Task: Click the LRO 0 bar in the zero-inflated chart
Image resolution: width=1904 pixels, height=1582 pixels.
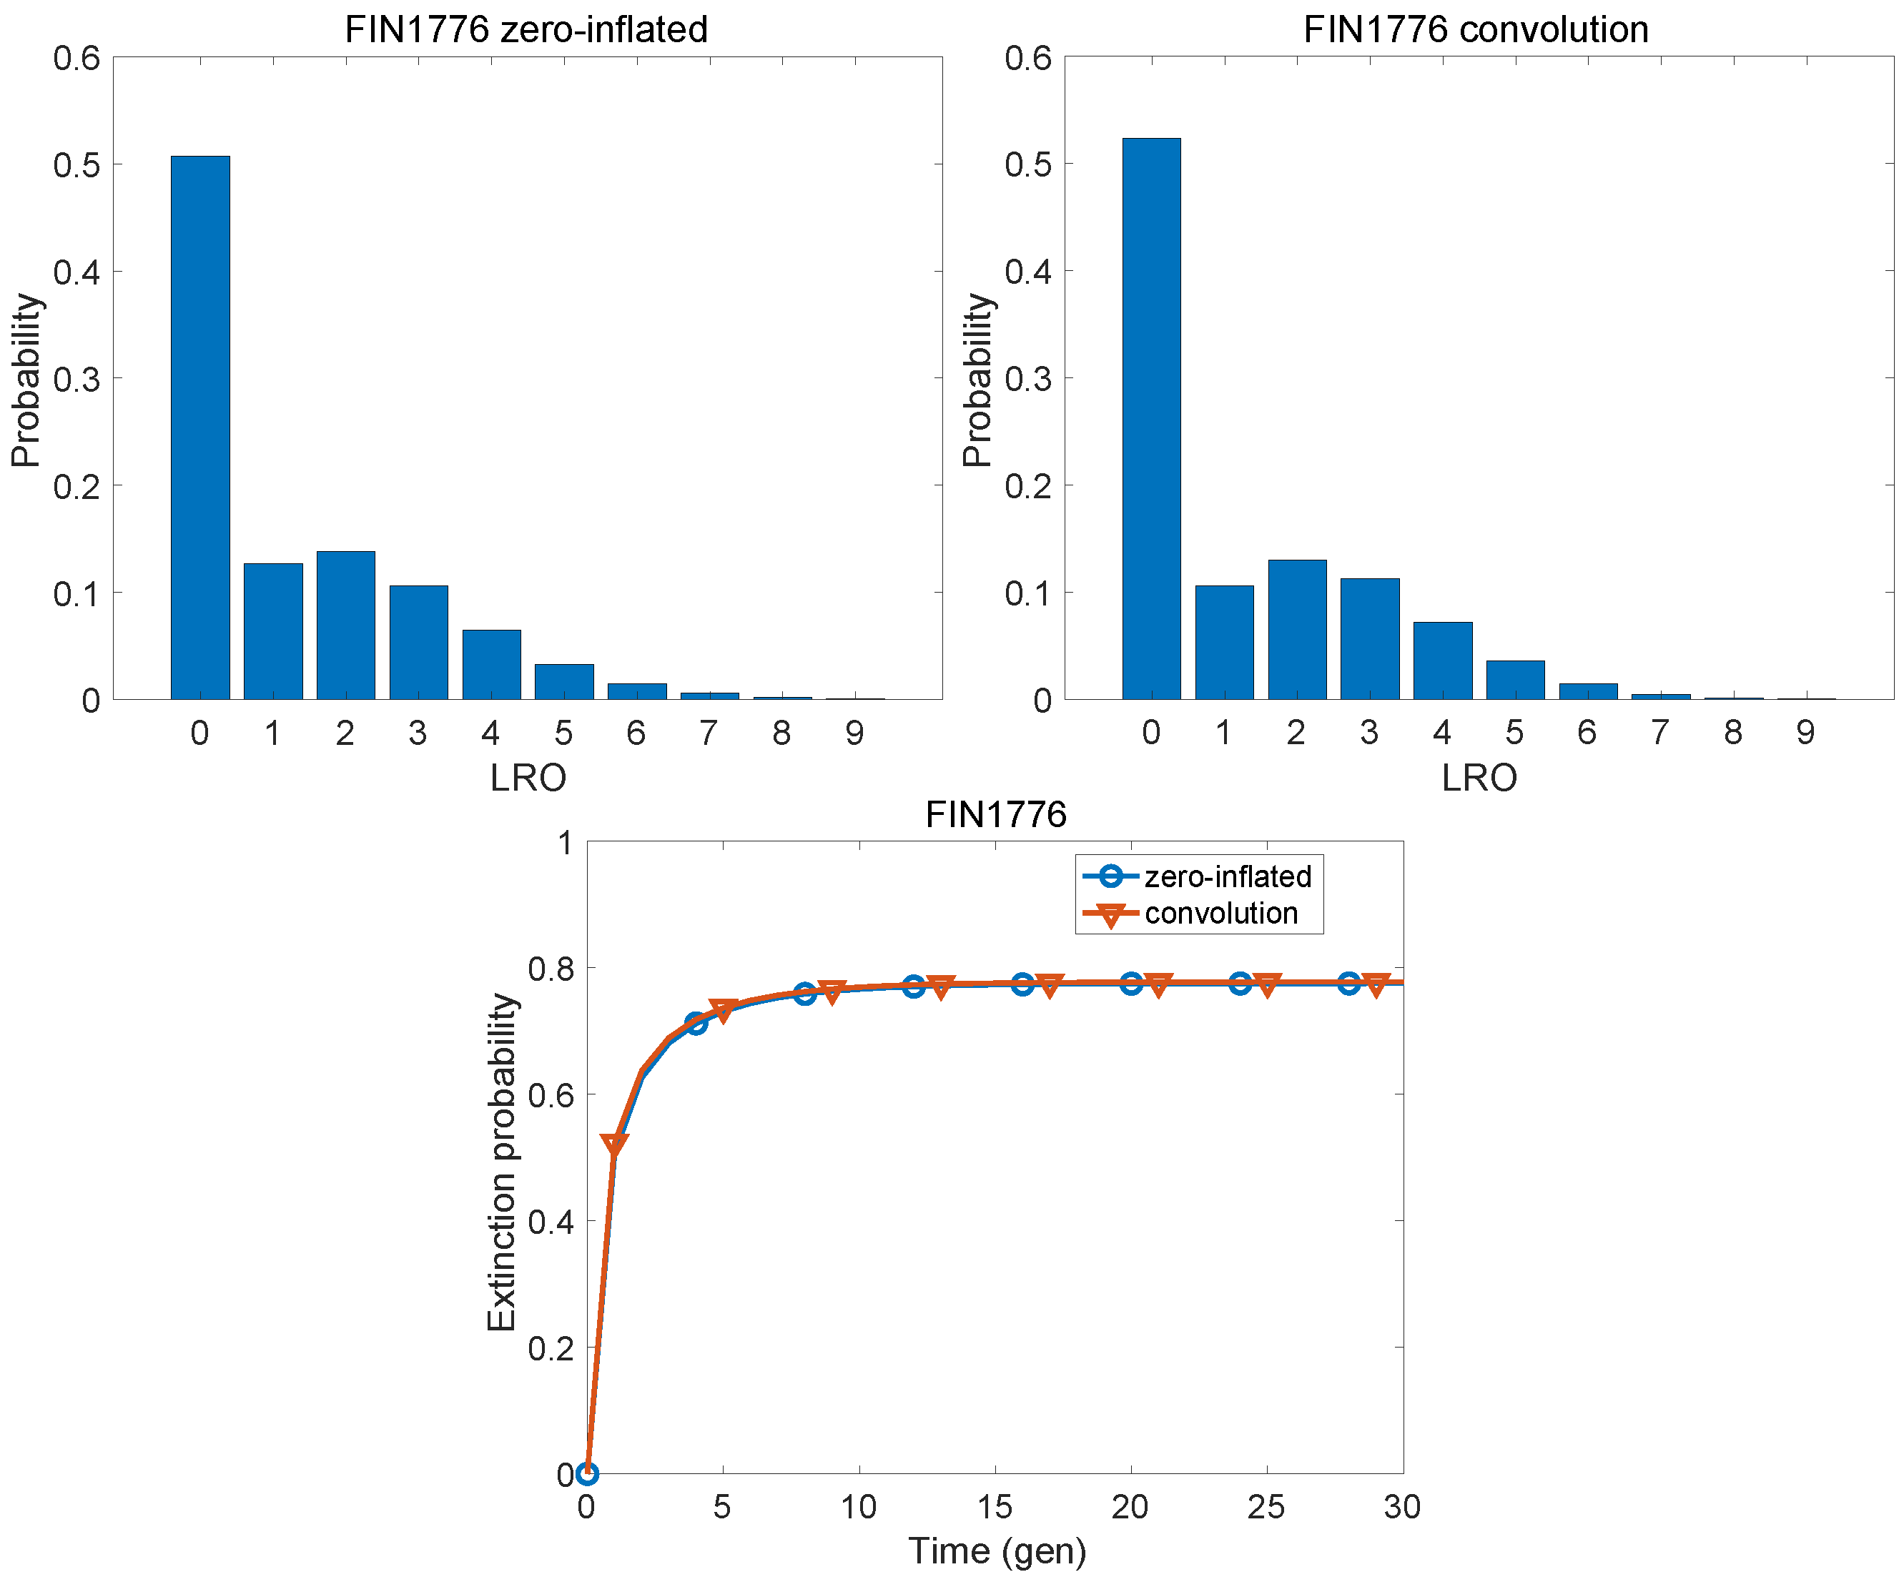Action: coord(199,427)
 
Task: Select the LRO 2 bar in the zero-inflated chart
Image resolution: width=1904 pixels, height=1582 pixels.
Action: coord(345,625)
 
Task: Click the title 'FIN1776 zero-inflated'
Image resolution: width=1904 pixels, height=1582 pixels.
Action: coord(526,29)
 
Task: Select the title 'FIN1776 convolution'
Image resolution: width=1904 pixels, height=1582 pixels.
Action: coord(1475,29)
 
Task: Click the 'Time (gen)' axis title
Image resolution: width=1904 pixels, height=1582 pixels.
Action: coord(997,1551)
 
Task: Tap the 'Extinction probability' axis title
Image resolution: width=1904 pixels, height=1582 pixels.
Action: coord(501,1162)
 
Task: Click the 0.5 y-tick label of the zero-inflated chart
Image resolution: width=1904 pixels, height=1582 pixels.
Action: coord(77,165)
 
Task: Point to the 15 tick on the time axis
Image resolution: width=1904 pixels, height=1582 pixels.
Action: coord(995,1507)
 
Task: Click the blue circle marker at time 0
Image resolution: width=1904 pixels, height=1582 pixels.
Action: coord(588,1473)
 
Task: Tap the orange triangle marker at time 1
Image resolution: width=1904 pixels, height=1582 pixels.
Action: coord(615,1145)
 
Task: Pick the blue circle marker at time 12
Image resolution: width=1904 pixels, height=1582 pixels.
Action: coord(914,987)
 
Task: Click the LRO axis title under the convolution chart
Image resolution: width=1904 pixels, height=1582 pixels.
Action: coord(1479,778)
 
